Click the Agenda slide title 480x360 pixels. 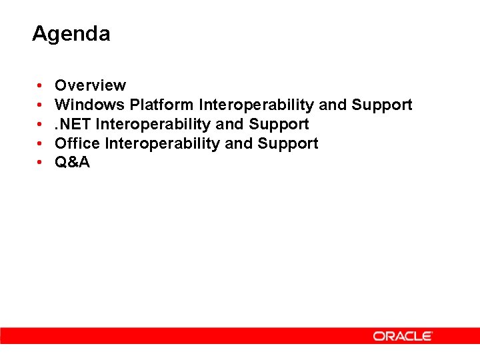[x=71, y=34]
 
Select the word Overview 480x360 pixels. [x=90, y=85]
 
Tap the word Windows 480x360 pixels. [x=90, y=105]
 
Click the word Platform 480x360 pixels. [x=162, y=105]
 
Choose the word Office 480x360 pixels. [x=78, y=143]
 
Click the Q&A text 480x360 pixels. [x=72, y=163]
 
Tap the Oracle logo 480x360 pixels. [x=403, y=336]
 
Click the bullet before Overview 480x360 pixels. [x=41, y=86]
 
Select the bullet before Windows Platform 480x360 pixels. [x=41, y=105]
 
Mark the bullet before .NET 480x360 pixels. [x=41, y=125]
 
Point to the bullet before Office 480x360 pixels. [x=41, y=144]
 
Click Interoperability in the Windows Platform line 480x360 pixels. [x=257, y=105]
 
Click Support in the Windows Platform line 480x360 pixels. [x=382, y=105]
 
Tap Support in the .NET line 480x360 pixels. [x=279, y=125]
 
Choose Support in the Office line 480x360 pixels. [x=288, y=144]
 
